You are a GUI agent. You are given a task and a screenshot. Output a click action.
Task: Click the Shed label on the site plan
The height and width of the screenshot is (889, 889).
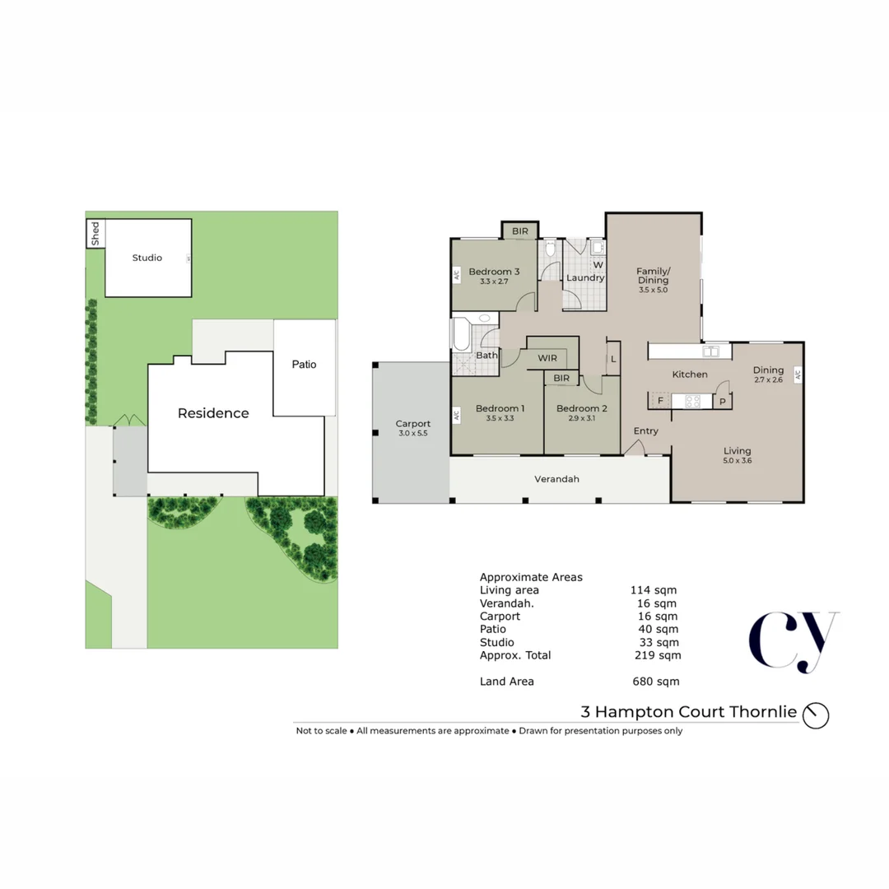(95, 233)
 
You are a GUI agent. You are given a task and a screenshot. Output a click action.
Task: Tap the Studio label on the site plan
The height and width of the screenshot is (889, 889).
(147, 258)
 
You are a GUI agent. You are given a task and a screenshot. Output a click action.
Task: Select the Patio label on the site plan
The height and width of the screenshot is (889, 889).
(304, 364)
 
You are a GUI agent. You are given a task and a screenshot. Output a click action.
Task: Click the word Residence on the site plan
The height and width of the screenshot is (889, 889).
(213, 413)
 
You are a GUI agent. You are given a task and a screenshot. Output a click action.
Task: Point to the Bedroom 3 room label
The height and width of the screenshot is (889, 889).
(494, 272)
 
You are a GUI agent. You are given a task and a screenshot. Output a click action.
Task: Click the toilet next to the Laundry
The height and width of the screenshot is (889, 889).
(551, 249)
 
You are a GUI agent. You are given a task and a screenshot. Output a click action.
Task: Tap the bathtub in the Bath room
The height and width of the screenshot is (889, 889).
(458, 336)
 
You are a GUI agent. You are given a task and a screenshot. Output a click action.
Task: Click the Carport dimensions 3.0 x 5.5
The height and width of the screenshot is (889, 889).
(412, 434)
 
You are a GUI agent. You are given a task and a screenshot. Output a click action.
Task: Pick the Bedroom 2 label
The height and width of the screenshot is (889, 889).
(581, 408)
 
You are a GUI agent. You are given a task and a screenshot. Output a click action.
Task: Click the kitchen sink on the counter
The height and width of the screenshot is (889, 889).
(712, 351)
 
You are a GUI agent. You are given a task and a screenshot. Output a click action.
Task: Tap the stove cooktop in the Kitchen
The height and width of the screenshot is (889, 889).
(693, 401)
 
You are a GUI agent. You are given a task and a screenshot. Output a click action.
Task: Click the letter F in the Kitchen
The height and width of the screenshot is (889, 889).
(660, 401)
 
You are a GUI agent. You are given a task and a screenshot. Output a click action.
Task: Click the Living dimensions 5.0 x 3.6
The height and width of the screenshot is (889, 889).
(737, 461)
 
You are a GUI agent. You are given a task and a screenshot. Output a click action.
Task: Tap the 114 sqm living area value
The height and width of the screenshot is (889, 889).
(653, 589)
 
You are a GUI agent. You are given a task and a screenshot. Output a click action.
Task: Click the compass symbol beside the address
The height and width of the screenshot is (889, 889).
(817, 714)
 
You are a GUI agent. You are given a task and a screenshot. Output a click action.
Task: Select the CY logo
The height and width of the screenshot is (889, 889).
(793, 640)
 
